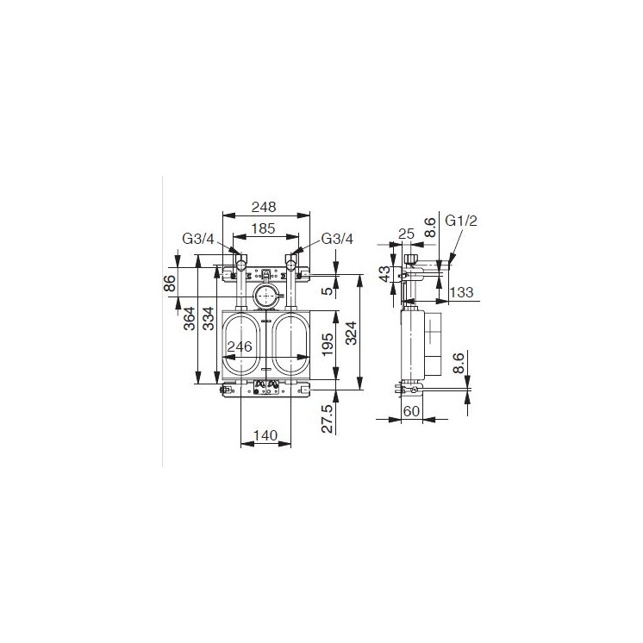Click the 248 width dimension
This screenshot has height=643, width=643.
[x=263, y=207]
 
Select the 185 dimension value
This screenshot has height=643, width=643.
[x=262, y=229]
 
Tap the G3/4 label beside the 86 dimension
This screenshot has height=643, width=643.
[x=197, y=239]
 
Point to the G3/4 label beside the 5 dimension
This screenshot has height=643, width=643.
[x=337, y=239]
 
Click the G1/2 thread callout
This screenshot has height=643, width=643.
[x=461, y=221]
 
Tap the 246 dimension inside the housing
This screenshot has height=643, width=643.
[x=238, y=346]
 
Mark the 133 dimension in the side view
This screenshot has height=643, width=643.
[x=463, y=293]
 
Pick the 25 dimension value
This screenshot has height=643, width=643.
[x=407, y=234]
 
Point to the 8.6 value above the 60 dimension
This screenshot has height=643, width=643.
[x=459, y=362]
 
